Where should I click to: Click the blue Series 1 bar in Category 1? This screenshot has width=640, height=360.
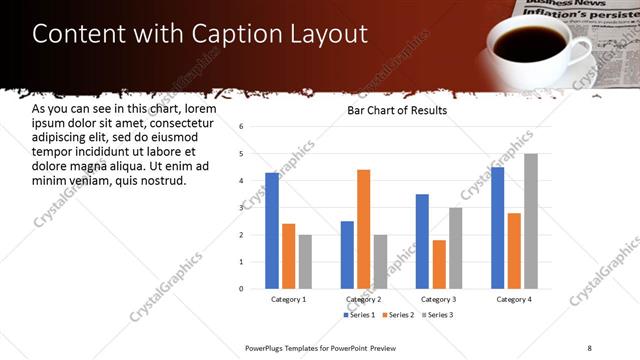272,230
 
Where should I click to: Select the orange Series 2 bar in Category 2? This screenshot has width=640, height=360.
363,229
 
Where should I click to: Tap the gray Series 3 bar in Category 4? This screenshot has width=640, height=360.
531,221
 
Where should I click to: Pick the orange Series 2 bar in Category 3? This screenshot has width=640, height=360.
439,264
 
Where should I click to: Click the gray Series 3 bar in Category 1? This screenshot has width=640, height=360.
305,261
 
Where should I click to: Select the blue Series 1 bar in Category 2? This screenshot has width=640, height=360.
346,254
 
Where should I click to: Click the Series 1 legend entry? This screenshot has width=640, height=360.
361,315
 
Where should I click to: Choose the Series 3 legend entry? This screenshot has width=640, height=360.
438,315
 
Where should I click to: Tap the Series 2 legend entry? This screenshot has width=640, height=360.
399,315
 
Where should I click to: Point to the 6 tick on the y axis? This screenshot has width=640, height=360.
241,127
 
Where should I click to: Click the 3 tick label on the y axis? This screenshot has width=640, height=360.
241,208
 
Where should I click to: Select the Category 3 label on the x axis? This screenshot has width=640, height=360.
439,299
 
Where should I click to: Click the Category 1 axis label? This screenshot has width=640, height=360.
288,299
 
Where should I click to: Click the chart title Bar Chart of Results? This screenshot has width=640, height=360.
396,110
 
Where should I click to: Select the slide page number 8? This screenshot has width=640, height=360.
589,348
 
